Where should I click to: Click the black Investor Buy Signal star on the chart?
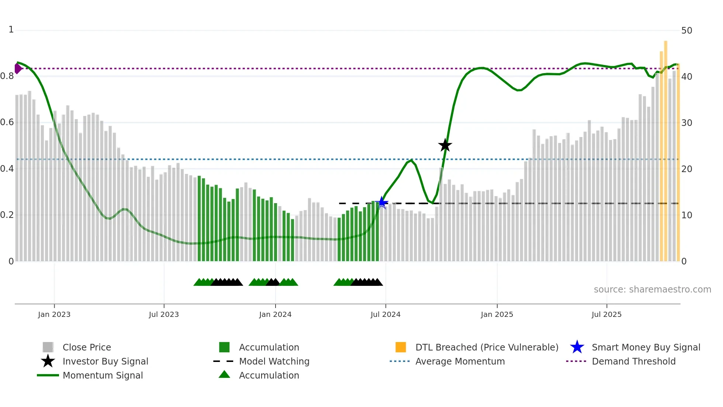pyautogui.click(x=445, y=146)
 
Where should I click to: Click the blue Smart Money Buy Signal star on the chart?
pyautogui.click(x=382, y=202)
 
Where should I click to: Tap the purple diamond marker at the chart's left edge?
pyautogui.click(x=18, y=68)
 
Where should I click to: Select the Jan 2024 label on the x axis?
pyautogui.click(x=275, y=314)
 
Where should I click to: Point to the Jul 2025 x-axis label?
pyautogui.click(x=606, y=314)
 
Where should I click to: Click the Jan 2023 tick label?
pyautogui.click(x=54, y=314)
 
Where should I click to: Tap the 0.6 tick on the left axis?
pyautogui.click(x=7, y=122)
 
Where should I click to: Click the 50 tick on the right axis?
pyautogui.click(x=686, y=31)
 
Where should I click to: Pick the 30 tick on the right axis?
pyautogui.click(x=686, y=123)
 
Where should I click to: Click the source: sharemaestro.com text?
pyautogui.click(x=652, y=290)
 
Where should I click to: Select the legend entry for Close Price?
pyautogui.click(x=87, y=347)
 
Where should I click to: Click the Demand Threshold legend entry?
pyautogui.click(x=633, y=361)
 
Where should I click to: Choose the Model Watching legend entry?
pyautogui.click(x=274, y=361)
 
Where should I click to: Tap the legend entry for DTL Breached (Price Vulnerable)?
pyautogui.click(x=487, y=347)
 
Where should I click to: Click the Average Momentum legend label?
pyautogui.click(x=460, y=361)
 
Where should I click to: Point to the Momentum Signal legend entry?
pyautogui.click(x=103, y=375)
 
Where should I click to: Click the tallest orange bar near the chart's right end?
pyautogui.click(x=665, y=148)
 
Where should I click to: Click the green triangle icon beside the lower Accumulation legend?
pyautogui.click(x=224, y=374)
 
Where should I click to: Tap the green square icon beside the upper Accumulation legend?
pyautogui.click(x=224, y=347)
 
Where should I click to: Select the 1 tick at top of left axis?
pyautogui.click(x=11, y=30)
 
